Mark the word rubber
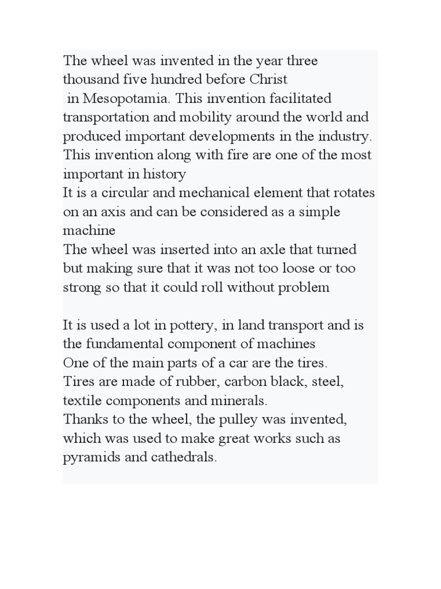[x=196, y=383]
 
